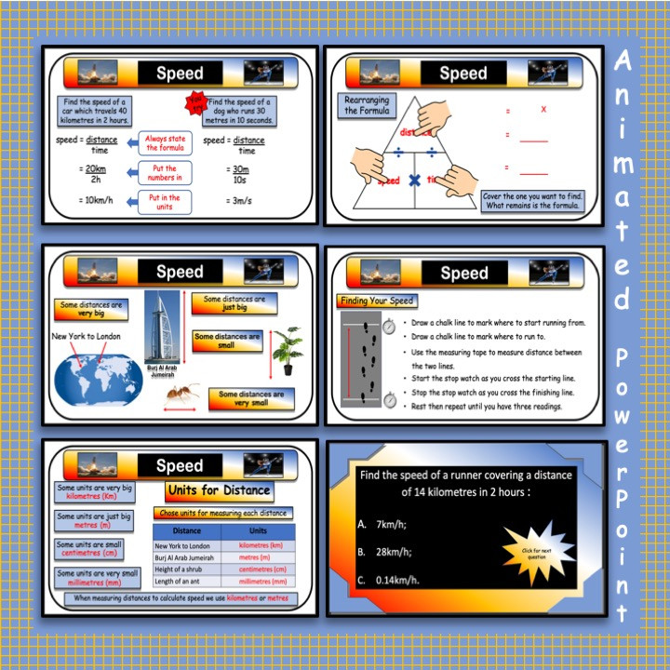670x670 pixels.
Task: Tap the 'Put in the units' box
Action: tap(163, 202)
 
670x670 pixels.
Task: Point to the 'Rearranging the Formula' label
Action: tap(366, 104)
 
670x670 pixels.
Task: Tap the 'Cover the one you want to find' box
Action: tap(532, 201)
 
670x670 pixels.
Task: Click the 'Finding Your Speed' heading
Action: tap(376, 301)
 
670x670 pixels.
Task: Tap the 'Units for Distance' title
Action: tap(218, 490)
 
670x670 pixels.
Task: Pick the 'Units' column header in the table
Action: tap(261, 530)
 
